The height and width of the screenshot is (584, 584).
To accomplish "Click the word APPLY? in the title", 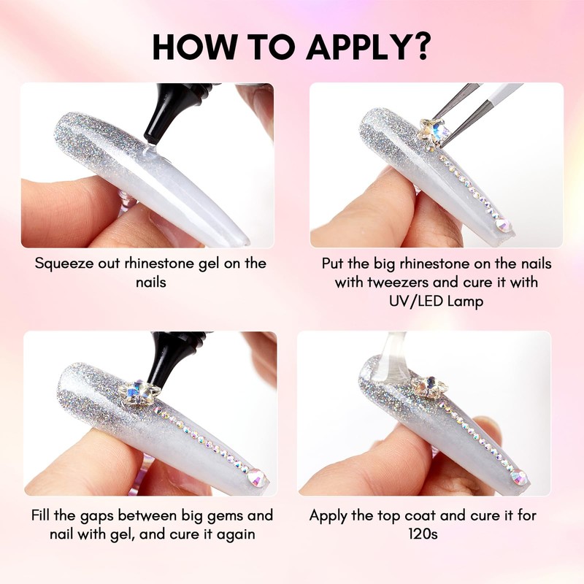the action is [x=368, y=47].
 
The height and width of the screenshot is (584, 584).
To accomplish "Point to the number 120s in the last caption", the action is [x=423, y=534].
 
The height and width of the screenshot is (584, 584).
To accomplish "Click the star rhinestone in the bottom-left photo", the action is [x=139, y=393].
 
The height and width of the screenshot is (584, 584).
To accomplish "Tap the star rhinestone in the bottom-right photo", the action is [x=429, y=388].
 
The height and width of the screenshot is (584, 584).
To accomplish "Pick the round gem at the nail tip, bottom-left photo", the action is [x=256, y=477].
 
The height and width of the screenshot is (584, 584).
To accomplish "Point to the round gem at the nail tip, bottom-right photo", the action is [x=519, y=477].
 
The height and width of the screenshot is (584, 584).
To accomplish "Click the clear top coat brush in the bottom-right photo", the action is [x=391, y=357].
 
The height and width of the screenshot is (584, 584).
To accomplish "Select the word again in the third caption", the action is [x=235, y=535].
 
